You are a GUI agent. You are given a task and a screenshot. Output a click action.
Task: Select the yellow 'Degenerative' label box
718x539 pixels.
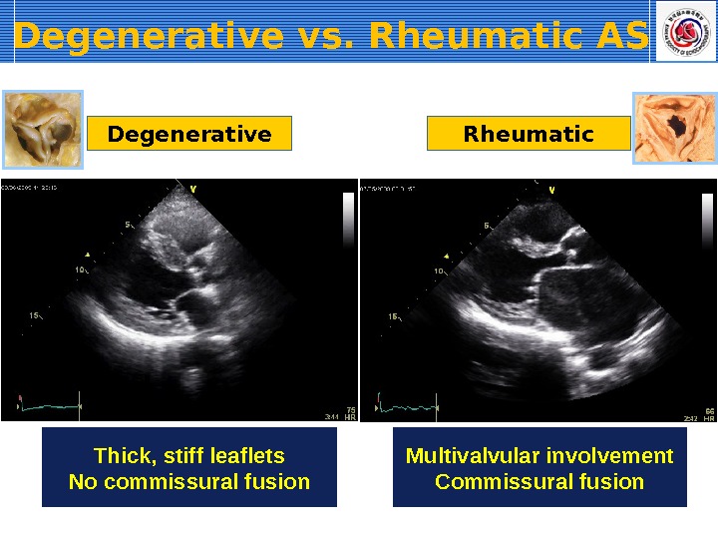pyautogui.click(x=189, y=134)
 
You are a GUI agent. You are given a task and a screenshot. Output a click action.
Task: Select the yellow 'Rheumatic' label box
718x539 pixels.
pyautogui.click(x=529, y=134)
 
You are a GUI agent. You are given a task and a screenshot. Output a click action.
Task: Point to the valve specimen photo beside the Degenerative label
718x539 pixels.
pyautogui.click(x=43, y=129)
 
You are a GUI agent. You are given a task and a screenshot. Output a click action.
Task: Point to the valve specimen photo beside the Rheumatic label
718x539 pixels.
pyautogui.click(x=674, y=128)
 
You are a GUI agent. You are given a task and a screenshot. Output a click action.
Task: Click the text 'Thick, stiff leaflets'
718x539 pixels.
pyautogui.click(x=188, y=456)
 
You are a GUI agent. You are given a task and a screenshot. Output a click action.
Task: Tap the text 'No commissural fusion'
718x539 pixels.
pyautogui.click(x=188, y=482)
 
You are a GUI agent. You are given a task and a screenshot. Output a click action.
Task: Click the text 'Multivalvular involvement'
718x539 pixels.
pyautogui.click(x=539, y=456)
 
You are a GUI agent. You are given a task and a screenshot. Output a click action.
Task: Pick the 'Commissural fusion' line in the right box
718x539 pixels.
pyautogui.click(x=539, y=482)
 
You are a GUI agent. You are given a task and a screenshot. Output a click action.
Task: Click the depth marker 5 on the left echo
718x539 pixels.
pyautogui.click(x=128, y=226)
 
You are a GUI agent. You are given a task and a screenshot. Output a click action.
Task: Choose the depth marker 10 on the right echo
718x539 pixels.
pyautogui.click(x=438, y=270)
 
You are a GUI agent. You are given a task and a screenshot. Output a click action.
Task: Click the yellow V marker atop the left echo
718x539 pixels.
pyautogui.click(x=192, y=187)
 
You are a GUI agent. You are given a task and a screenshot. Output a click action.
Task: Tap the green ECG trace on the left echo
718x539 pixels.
pyautogui.click(x=50, y=406)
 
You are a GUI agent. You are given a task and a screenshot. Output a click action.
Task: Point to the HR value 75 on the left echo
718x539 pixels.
pyautogui.click(x=350, y=409)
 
